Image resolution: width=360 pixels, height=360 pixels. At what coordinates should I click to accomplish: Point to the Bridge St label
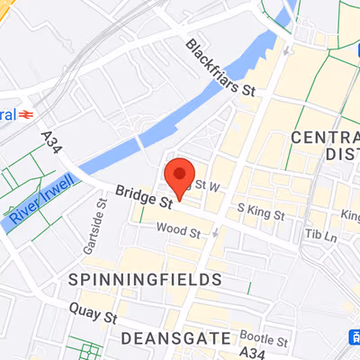click(x=143, y=197)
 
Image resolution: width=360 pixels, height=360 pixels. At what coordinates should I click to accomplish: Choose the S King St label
click(x=260, y=212)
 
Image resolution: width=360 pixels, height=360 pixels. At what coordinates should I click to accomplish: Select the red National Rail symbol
click(x=28, y=114)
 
